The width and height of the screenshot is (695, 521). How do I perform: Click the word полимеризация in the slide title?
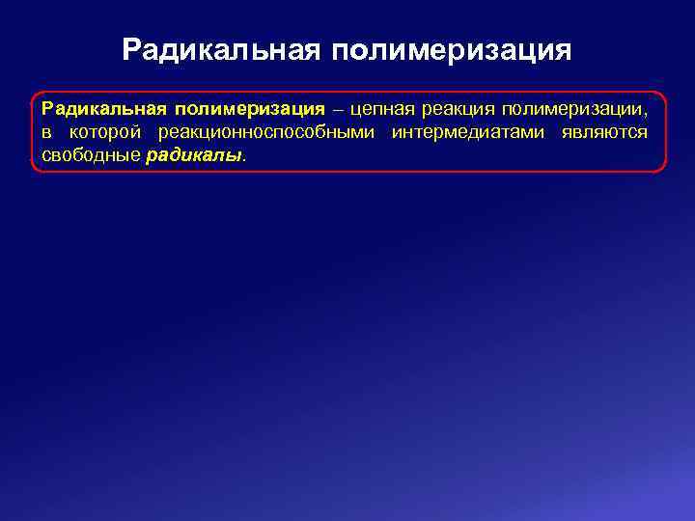coord(452,49)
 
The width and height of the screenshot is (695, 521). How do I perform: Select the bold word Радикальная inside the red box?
coord(103,109)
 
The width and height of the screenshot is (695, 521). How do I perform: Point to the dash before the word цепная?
coord(337,109)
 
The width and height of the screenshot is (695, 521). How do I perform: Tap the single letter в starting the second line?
coord(45,132)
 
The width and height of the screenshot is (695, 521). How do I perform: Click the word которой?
coord(106,132)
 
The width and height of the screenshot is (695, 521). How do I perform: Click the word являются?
coord(604,132)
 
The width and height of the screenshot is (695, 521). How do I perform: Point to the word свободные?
coord(90,154)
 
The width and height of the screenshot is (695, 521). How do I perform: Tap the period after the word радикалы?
coord(245,157)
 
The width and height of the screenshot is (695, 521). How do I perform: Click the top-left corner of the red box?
coord(34,95)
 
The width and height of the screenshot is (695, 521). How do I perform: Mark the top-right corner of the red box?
coord(664,95)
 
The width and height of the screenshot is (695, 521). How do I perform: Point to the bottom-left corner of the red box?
coord(34,170)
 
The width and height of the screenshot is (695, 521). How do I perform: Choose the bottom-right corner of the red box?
coord(664,170)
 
